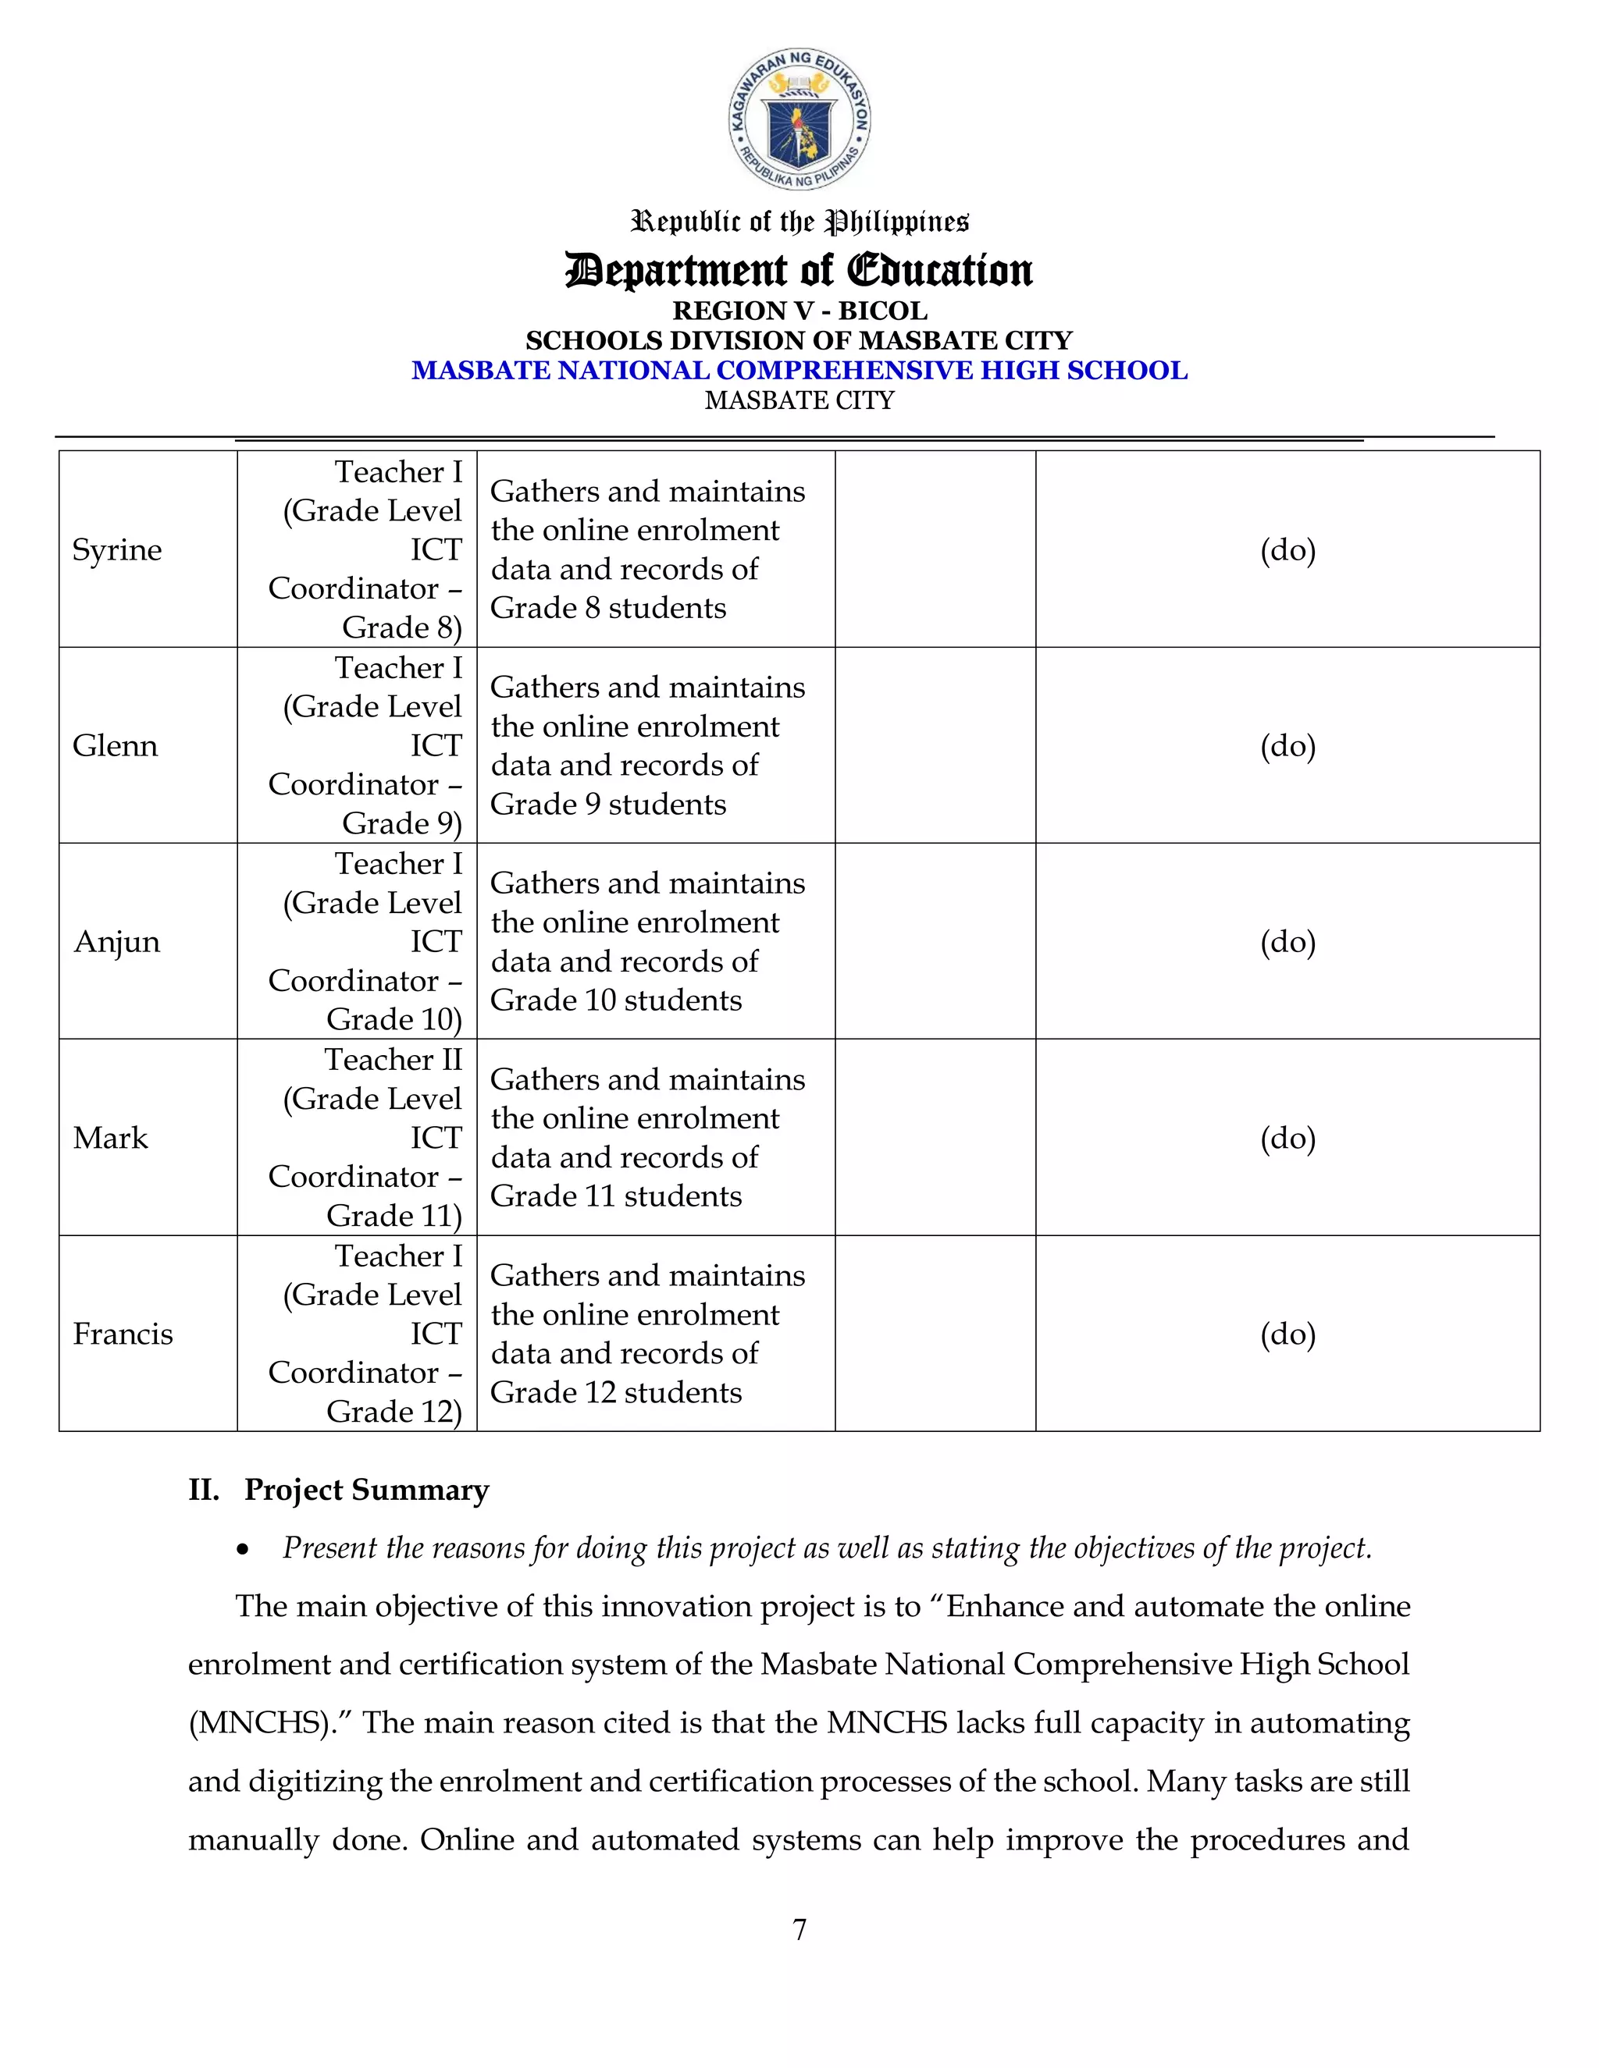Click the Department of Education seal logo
(x=799, y=120)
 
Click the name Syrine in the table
(x=116, y=550)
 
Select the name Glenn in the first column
(x=115, y=746)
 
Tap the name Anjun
(x=116, y=942)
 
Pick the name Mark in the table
(x=110, y=1137)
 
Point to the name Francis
(x=123, y=1334)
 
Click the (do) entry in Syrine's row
(x=1287, y=550)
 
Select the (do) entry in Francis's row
(x=1287, y=1334)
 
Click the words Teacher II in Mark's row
(x=394, y=1060)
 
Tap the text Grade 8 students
(x=607, y=608)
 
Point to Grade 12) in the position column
(x=394, y=1412)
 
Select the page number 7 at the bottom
(x=799, y=1929)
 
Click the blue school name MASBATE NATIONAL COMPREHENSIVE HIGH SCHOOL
(x=799, y=370)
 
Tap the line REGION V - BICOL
(x=799, y=311)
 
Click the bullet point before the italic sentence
(x=244, y=1550)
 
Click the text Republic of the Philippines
(x=799, y=222)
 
